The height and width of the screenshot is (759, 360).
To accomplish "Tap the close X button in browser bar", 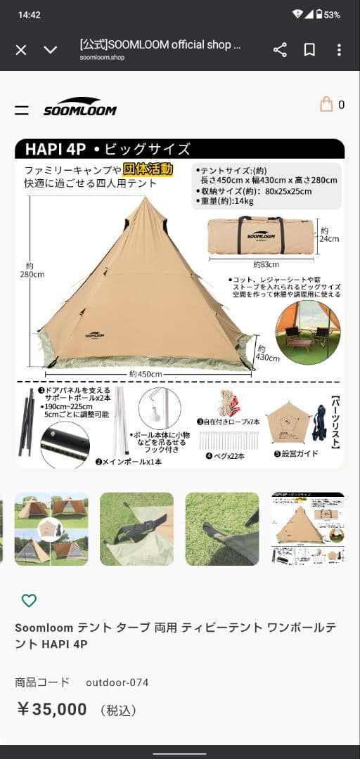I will point(21,50).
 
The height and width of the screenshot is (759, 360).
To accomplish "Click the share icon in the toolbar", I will point(280,50).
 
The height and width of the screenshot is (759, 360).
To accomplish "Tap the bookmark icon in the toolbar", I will point(309,50).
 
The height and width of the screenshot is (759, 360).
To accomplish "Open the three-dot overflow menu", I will point(339,50).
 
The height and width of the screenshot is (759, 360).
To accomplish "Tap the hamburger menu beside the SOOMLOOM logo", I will point(22,110).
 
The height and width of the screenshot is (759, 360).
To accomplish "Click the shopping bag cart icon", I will point(326,105).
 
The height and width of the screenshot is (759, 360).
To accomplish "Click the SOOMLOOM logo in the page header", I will point(79,107).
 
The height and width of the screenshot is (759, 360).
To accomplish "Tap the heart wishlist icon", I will point(29,600).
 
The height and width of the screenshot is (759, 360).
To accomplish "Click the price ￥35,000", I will point(51,709).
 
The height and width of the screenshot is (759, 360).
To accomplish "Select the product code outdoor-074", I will point(117,682).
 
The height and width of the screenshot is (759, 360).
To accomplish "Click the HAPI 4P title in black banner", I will point(56,149).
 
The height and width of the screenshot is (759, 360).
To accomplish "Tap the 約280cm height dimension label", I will point(32,270).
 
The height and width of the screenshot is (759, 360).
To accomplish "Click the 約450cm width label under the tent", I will point(146,374).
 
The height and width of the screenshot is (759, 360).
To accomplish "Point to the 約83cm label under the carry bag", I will point(261,264).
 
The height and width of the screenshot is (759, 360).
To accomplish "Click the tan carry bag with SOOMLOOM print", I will point(261,235).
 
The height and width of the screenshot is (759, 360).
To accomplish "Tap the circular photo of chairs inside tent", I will point(308,333).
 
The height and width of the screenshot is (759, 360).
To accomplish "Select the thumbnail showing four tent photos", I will point(51,528).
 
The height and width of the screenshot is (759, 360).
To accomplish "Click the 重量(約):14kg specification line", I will point(226,200).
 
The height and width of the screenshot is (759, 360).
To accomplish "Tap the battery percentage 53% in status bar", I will point(332,14).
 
